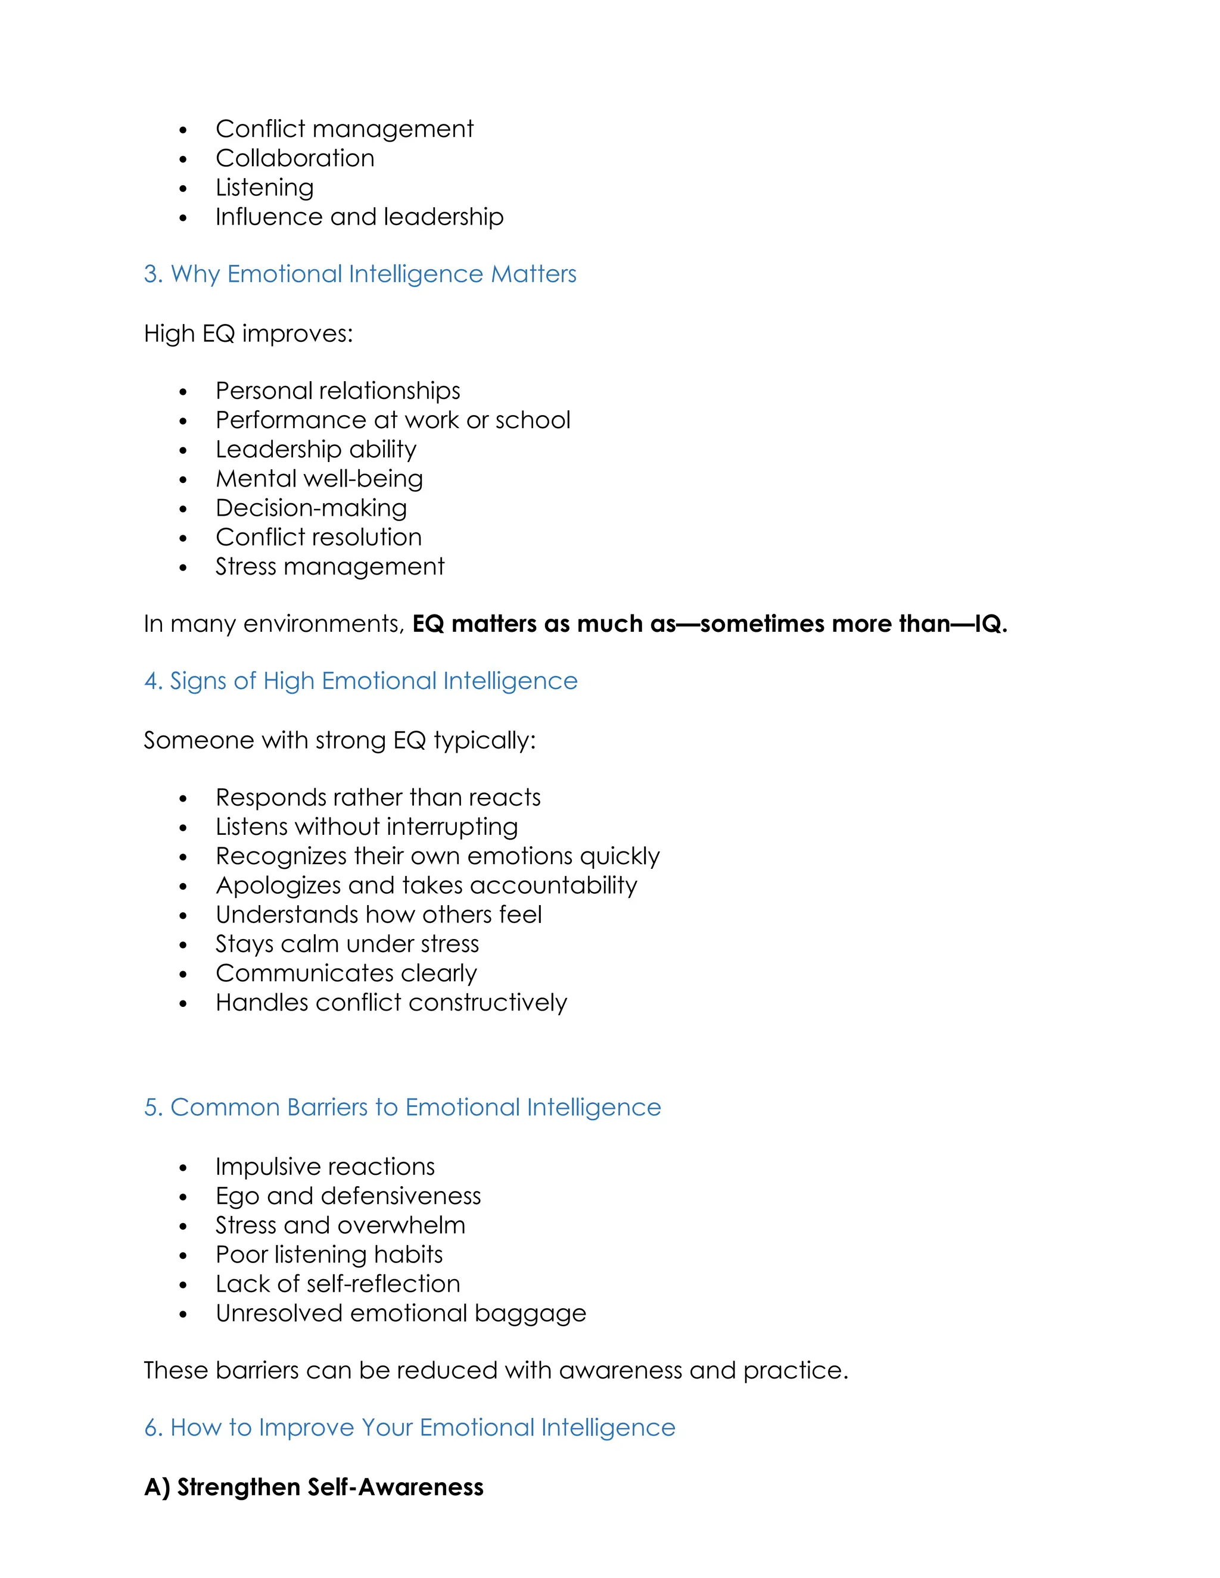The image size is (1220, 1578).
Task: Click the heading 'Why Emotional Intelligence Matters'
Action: coord(360,275)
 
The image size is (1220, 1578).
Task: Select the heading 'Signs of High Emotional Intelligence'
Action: coord(360,681)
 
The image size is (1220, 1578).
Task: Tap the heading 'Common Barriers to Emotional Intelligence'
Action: coord(403,1108)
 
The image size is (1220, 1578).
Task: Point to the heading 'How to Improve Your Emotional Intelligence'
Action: coord(410,1428)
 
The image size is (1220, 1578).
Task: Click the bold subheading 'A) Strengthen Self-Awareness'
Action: coord(314,1487)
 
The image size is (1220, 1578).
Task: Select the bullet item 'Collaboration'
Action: coord(295,158)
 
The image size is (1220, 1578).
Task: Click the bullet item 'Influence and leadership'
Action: coord(359,217)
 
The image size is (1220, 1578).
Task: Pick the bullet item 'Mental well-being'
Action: coord(319,479)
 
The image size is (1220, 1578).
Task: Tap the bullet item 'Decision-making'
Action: coord(311,508)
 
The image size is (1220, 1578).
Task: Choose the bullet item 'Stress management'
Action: coord(329,566)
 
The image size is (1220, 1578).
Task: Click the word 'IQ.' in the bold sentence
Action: coord(991,624)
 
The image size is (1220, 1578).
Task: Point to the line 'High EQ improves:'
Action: coord(248,334)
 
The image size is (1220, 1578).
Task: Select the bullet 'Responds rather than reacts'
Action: coord(378,798)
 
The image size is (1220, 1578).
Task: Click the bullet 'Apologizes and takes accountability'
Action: coord(427,886)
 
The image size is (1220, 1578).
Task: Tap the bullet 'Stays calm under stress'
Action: coord(347,944)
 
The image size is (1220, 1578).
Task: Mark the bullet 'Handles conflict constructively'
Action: coord(391,1003)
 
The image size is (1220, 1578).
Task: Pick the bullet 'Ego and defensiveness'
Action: coord(348,1196)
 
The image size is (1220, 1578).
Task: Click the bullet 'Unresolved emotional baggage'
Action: coord(400,1314)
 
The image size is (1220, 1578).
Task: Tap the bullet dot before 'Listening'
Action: coord(183,189)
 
